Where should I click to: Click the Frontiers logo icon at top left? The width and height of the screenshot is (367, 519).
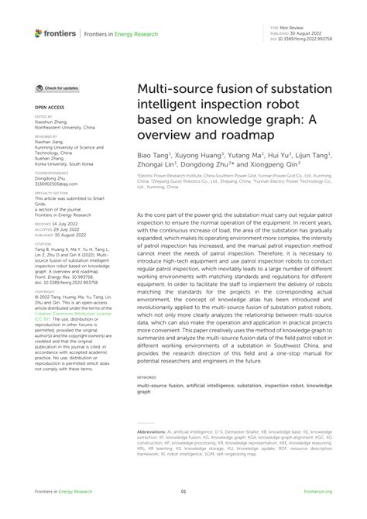tap(39, 33)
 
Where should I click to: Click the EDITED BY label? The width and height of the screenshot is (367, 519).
tap(45, 113)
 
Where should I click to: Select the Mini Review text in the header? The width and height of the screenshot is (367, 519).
tap(298, 26)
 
